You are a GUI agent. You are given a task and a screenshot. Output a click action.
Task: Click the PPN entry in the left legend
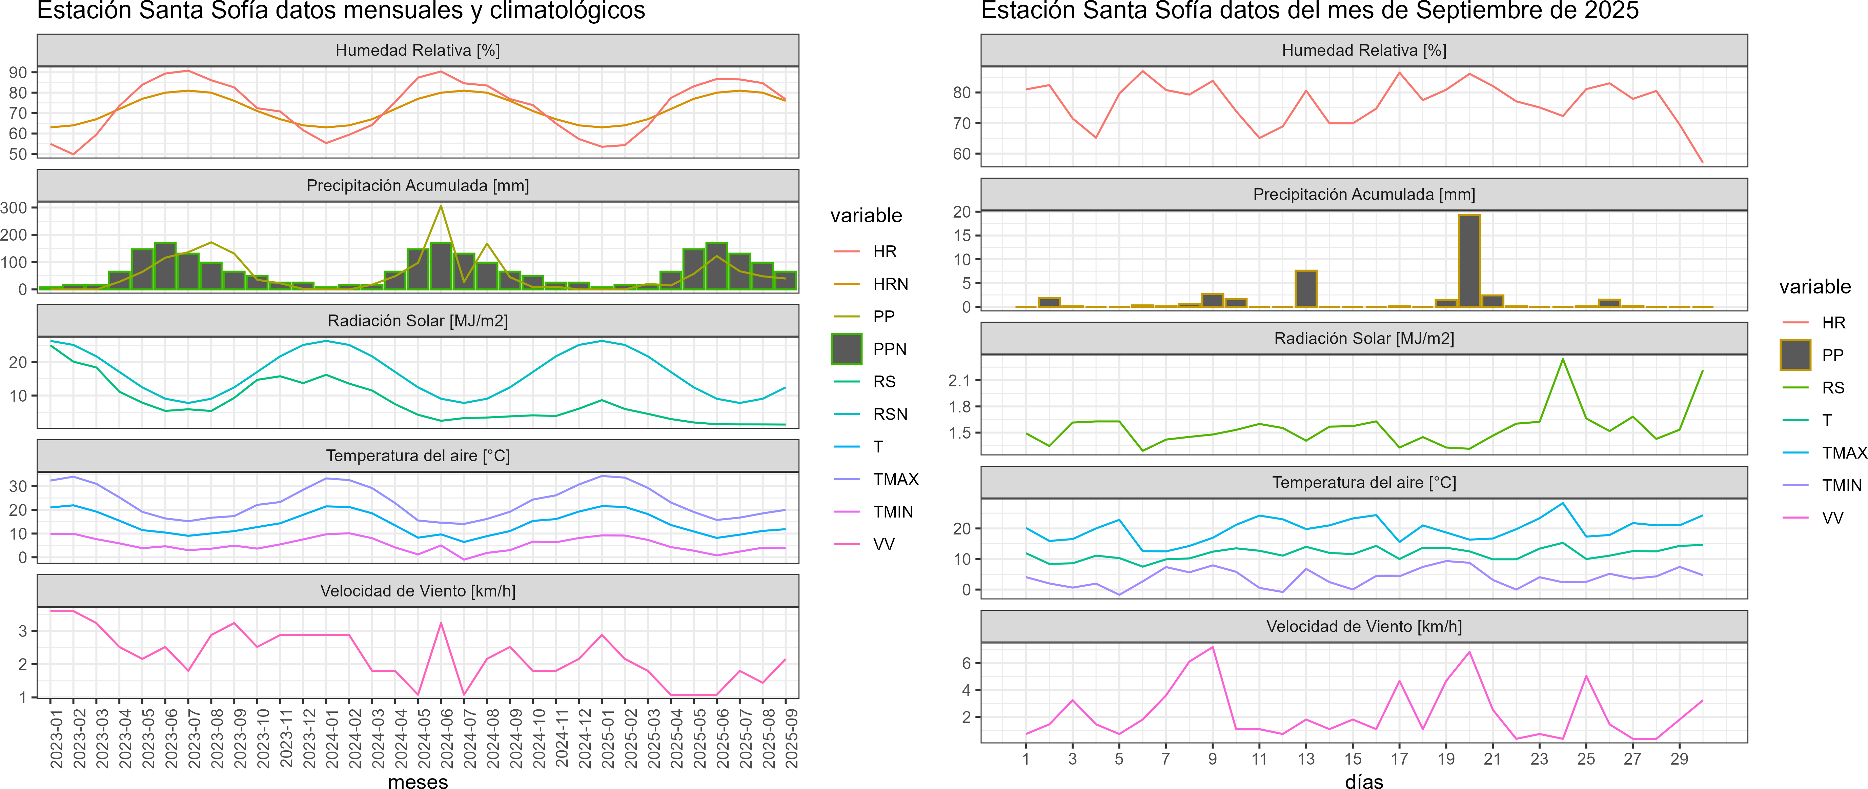pyautogui.click(x=889, y=349)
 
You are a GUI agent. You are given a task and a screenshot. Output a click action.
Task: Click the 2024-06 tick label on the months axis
pyautogui.click(x=447, y=738)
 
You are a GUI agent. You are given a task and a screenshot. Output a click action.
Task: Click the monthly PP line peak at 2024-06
pyautogui.click(x=441, y=207)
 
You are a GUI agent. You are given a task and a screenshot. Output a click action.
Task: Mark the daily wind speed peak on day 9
pyautogui.click(x=1213, y=647)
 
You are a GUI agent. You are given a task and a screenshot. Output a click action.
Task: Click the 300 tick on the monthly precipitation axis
pyautogui.click(x=15, y=207)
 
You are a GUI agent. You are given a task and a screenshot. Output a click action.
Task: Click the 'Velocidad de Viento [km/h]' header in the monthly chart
pyautogui.click(x=418, y=591)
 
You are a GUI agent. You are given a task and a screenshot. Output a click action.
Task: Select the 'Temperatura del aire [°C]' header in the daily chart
pyautogui.click(x=1364, y=482)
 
